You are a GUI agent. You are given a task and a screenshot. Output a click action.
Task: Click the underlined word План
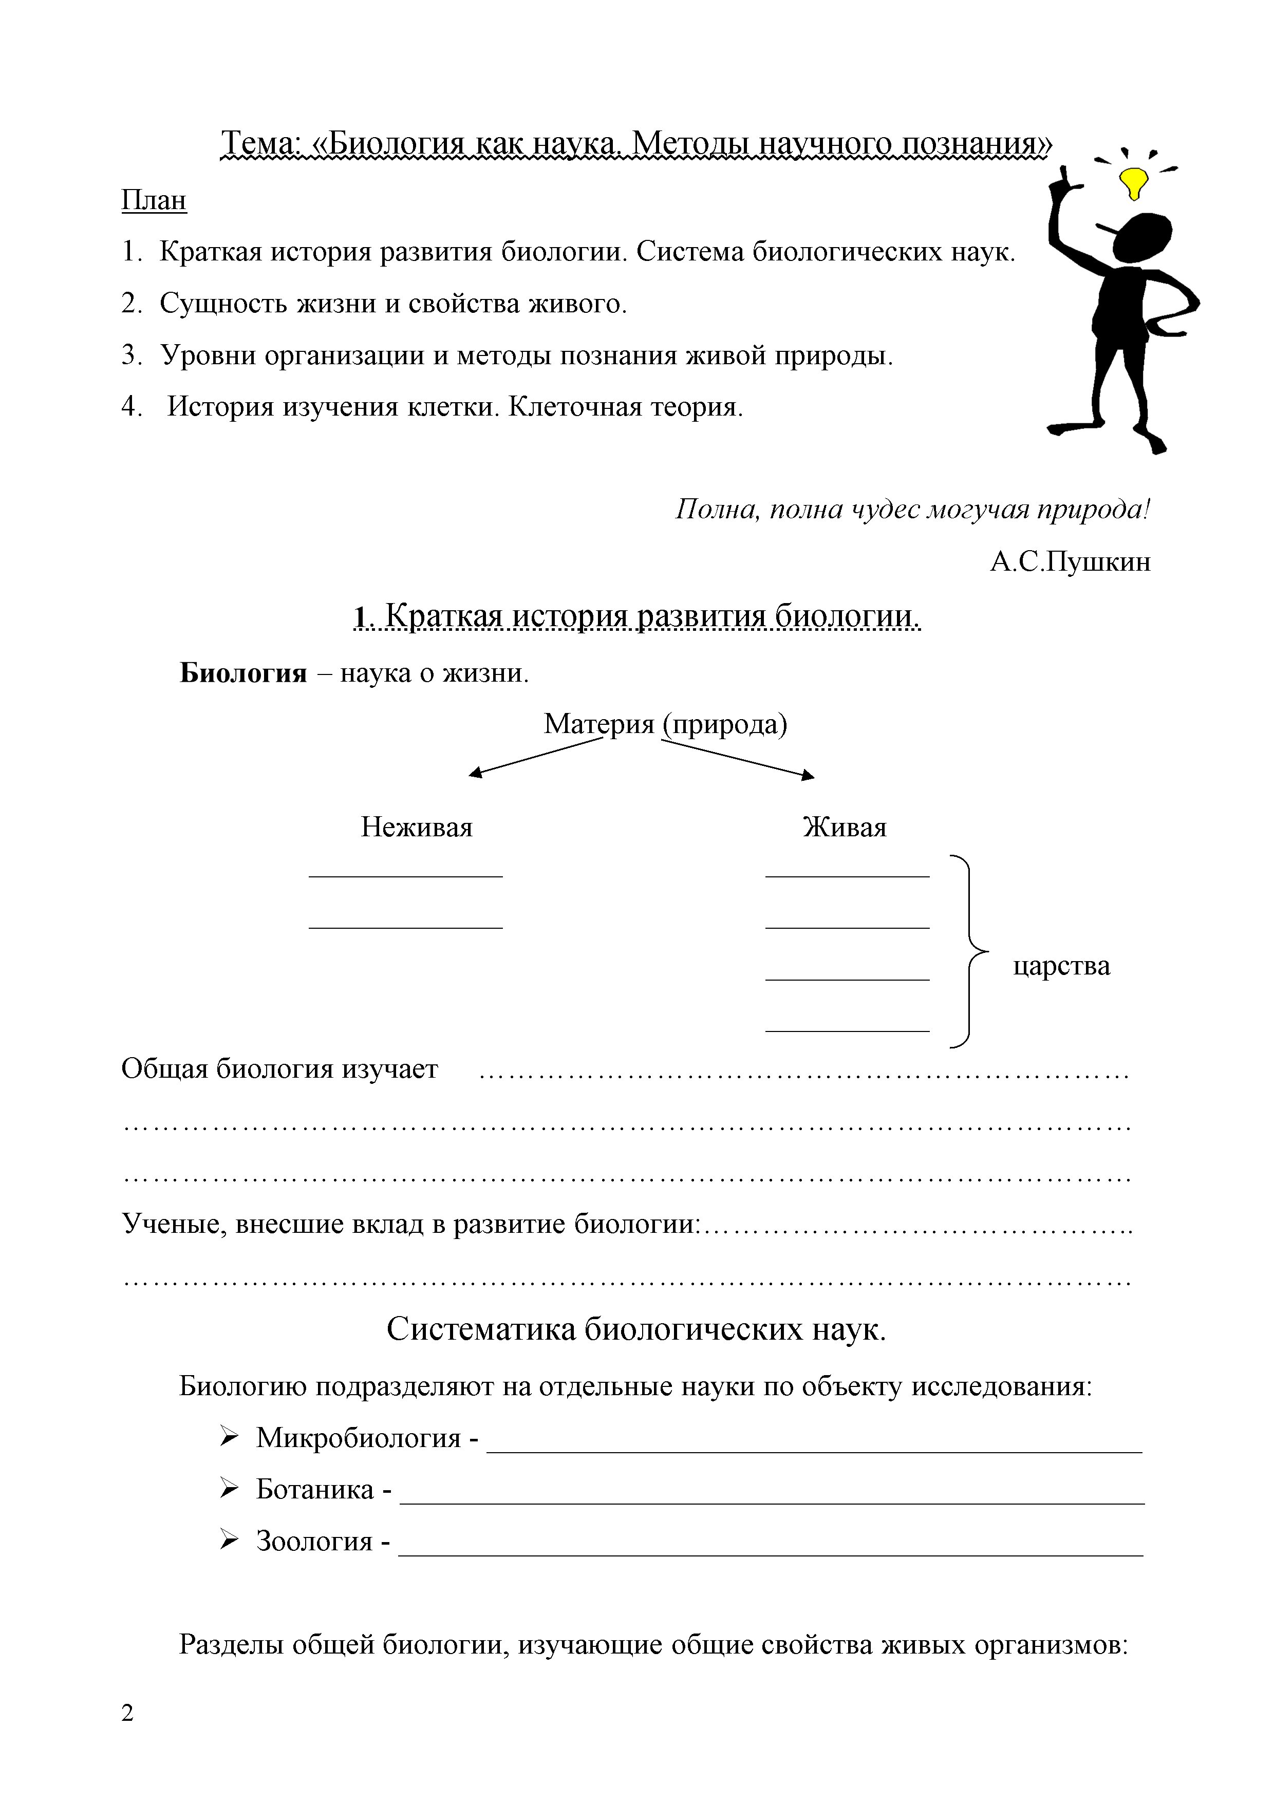pyautogui.click(x=154, y=200)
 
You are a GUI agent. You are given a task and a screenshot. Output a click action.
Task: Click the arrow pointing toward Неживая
pyautogui.click(x=534, y=758)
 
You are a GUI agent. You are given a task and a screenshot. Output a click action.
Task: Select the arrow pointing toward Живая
pyautogui.click(x=738, y=760)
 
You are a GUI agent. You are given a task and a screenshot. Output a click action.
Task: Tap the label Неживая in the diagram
pyautogui.click(x=416, y=827)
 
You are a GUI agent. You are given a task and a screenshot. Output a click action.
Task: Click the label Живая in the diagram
pyautogui.click(x=845, y=827)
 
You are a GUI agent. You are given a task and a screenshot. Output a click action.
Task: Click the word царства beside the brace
pyautogui.click(x=1061, y=965)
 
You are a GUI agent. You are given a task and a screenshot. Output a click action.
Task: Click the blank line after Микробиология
pyautogui.click(x=814, y=1451)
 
